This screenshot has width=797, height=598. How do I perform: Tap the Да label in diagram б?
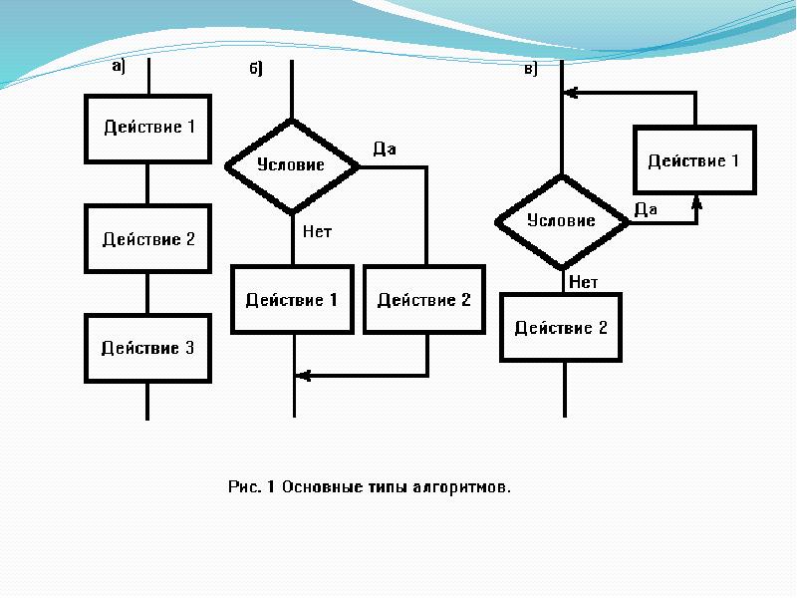coord(385,149)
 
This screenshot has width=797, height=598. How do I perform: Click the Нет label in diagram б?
coord(317,232)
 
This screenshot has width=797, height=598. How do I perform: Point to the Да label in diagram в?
coord(646,209)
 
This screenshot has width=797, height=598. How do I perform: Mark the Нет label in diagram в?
coord(584,282)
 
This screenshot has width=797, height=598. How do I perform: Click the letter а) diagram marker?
coord(119,66)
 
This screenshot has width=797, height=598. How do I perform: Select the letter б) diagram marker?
coord(256,68)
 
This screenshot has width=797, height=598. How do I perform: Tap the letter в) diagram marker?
coord(531,69)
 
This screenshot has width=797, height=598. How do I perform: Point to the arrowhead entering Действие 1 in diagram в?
coord(696,203)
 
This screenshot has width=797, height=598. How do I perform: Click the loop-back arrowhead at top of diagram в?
coord(571,93)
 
